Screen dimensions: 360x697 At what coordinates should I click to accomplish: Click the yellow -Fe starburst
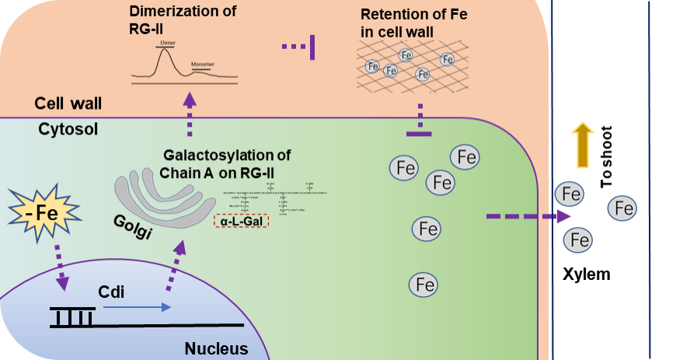[x=43, y=211]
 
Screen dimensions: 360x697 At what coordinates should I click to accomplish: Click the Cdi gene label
[x=111, y=292]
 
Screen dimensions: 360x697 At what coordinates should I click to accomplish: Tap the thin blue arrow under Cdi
[x=137, y=307]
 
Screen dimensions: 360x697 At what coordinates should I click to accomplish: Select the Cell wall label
[x=68, y=103]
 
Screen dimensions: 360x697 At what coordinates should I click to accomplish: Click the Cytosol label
[x=68, y=128]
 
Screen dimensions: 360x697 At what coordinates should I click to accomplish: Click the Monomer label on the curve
[x=201, y=65]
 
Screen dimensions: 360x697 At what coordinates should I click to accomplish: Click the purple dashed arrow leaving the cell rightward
[x=528, y=216]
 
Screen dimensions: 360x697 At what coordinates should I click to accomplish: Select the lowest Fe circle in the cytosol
[x=425, y=285]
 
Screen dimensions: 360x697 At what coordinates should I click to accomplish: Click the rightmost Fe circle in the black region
[x=622, y=208]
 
